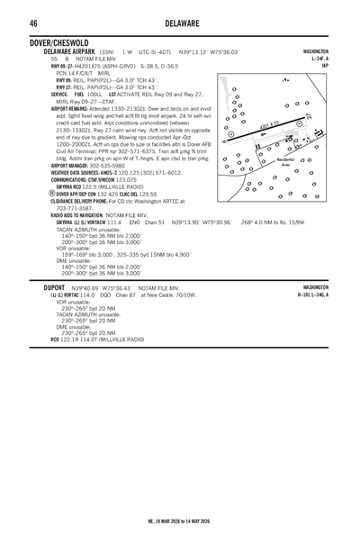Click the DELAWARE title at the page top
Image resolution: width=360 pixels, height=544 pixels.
point(179,23)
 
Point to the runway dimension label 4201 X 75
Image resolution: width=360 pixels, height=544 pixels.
point(269,125)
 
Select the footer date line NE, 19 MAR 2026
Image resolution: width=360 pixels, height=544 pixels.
point(179,521)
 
